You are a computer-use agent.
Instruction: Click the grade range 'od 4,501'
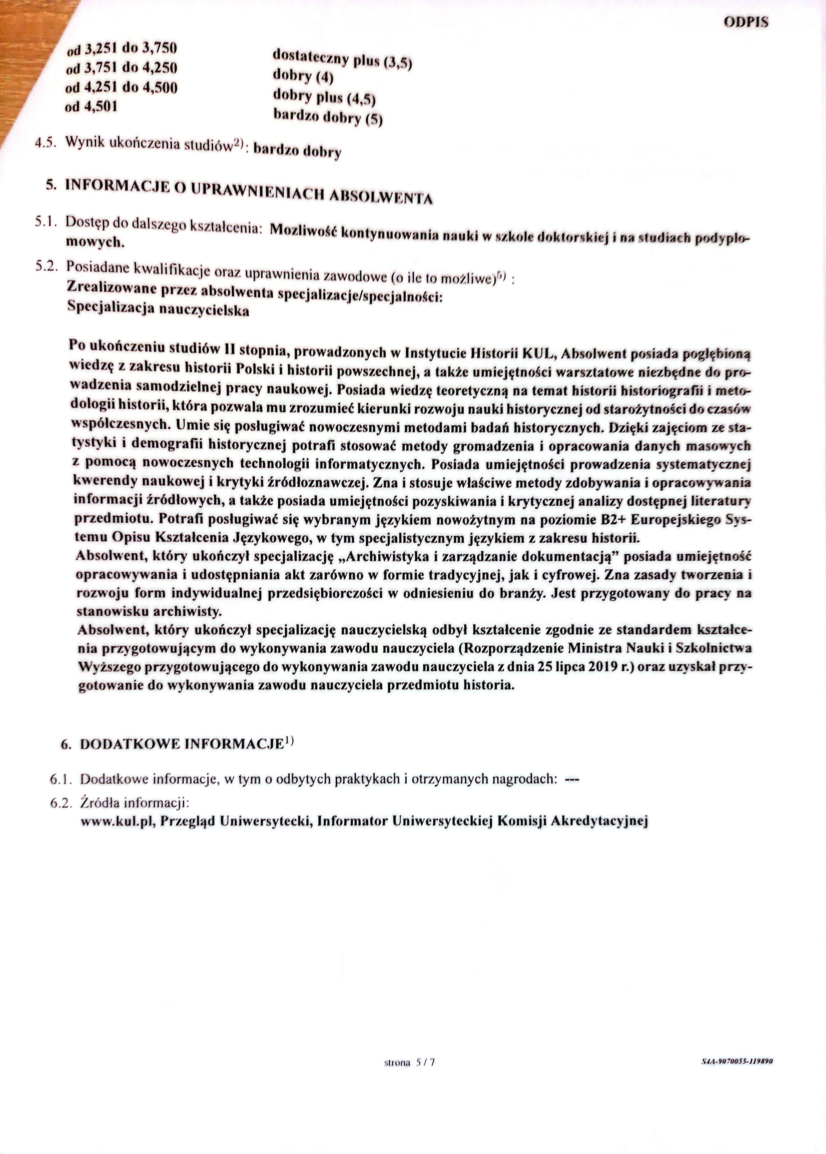(91, 106)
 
